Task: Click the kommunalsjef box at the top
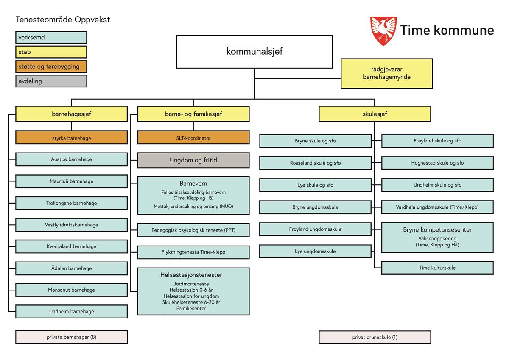(x=254, y=52)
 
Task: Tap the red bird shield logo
(x=383, y=31)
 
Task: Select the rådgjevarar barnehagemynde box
(x=386, y=73)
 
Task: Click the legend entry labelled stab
(x=51, y=52)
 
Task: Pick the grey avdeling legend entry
(x=51, y=81)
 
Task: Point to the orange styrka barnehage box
(x=71, y=138)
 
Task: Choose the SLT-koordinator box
(x=193, y=138)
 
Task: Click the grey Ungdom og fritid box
(x=193, y=160)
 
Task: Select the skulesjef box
(x=375, y=114)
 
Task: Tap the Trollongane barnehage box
(x=71, y=203)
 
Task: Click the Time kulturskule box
(x=437, y=268)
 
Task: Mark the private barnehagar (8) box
(x=71, y=337)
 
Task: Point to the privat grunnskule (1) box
(x=375, y=338)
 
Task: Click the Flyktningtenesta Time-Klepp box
(x=193, y=252)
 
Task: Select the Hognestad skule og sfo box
(x=437, y=163)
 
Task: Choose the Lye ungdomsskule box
(x=315, y=251)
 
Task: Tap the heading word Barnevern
(x=193, y=184)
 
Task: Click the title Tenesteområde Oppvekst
(x=63, y=20)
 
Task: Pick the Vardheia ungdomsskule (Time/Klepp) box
(x=437, y=207)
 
